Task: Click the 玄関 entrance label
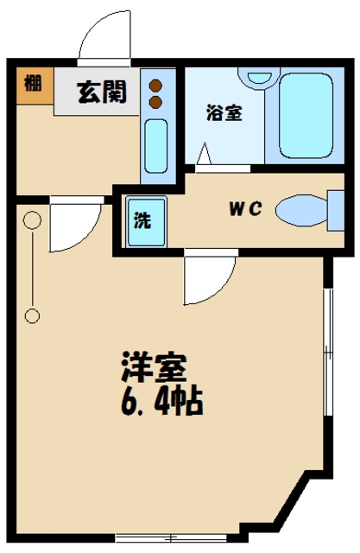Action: [102, 92]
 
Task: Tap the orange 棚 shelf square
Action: [35, 86]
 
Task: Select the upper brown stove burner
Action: [155, 86]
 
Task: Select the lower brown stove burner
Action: [155, 102]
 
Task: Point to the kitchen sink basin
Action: [156, 146]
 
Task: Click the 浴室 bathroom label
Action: [224, 113]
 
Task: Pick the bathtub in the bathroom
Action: [306, 115]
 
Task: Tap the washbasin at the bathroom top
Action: [259, 77]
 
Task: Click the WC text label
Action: [245, 209]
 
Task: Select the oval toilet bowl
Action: [301, 210]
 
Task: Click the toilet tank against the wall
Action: [336, 211]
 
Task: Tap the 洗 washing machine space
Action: [146, 222]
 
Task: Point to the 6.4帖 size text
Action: [161, 402]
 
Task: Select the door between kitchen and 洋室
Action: [75, 226]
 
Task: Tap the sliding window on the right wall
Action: [328, 353]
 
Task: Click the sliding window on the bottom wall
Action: [171, 538]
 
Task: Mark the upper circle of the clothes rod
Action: [32, 220]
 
